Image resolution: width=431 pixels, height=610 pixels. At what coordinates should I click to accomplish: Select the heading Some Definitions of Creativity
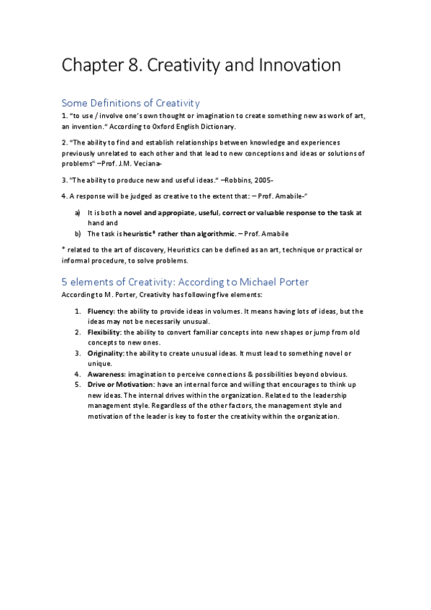130,103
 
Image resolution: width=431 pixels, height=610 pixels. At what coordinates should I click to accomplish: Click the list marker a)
78,213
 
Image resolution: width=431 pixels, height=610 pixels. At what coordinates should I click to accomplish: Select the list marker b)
78,233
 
